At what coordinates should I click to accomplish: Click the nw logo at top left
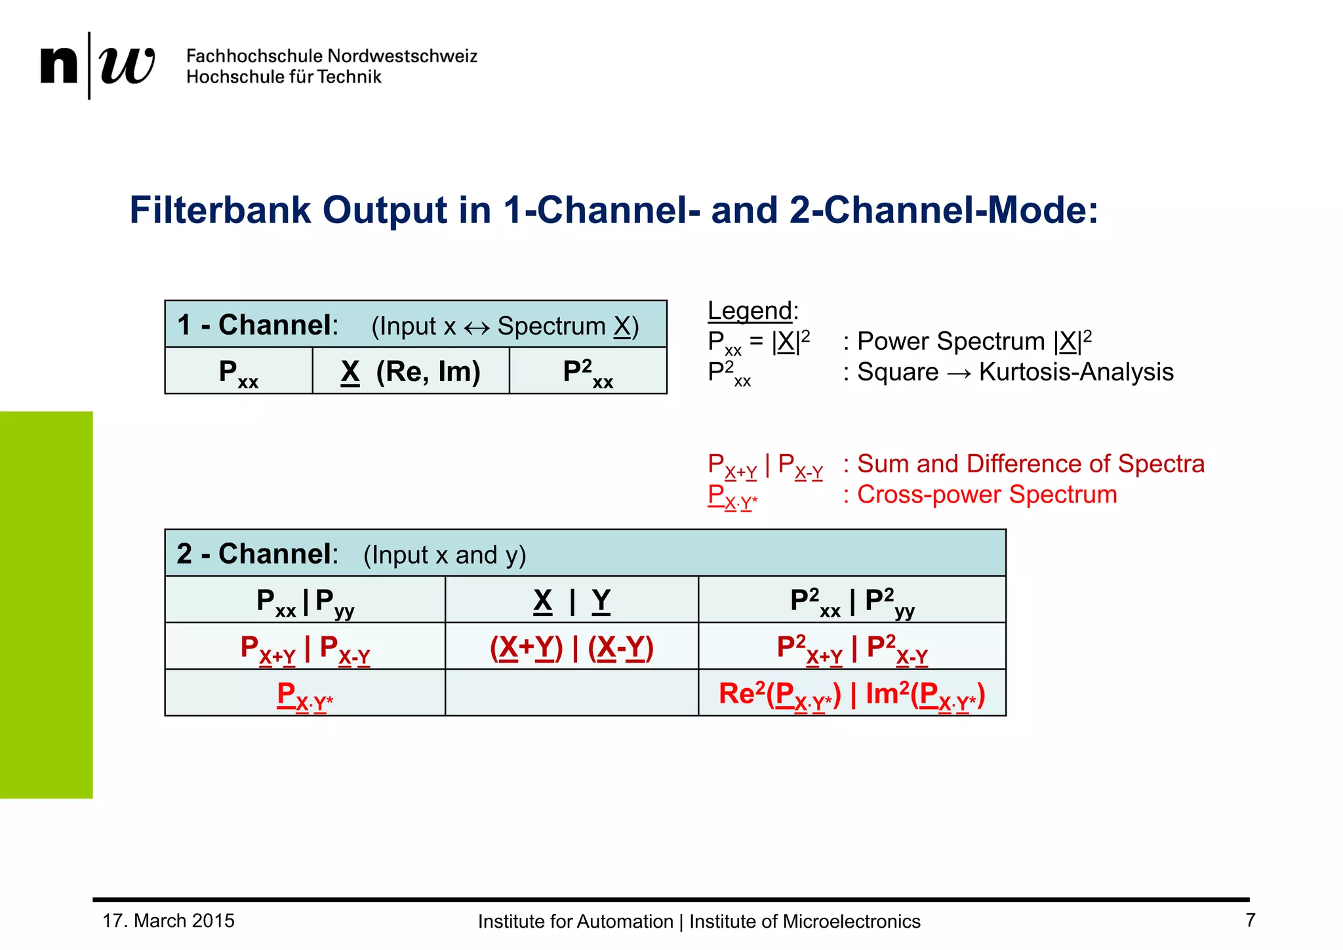point(97,65)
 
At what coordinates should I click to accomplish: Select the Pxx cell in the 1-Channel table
point(239,372)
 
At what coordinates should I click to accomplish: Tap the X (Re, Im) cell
point(411,372)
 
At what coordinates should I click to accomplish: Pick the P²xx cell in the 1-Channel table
point(588,372)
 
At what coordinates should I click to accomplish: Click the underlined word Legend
point(750,310)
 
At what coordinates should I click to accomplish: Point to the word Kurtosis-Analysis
point(1075,372)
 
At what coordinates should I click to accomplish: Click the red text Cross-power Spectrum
point(987,495)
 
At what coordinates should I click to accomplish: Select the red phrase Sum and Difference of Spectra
point(1030,464)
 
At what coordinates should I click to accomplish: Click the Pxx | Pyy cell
point(305,600)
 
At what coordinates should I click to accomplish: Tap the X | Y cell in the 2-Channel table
point(571,600)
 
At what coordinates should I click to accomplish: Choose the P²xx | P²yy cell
point(852,600)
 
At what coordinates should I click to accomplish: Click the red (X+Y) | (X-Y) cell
point(571,648)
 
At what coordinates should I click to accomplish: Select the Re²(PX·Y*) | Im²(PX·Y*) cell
point(852,694)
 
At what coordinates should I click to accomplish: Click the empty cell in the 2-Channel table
point(571,693)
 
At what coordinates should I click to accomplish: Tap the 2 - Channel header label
point(257,554)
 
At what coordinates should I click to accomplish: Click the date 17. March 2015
point(169,920)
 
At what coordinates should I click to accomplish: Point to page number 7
point(1250,920)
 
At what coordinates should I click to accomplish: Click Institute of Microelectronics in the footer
point(805,921)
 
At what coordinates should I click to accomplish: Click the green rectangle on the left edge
point(46,604)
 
